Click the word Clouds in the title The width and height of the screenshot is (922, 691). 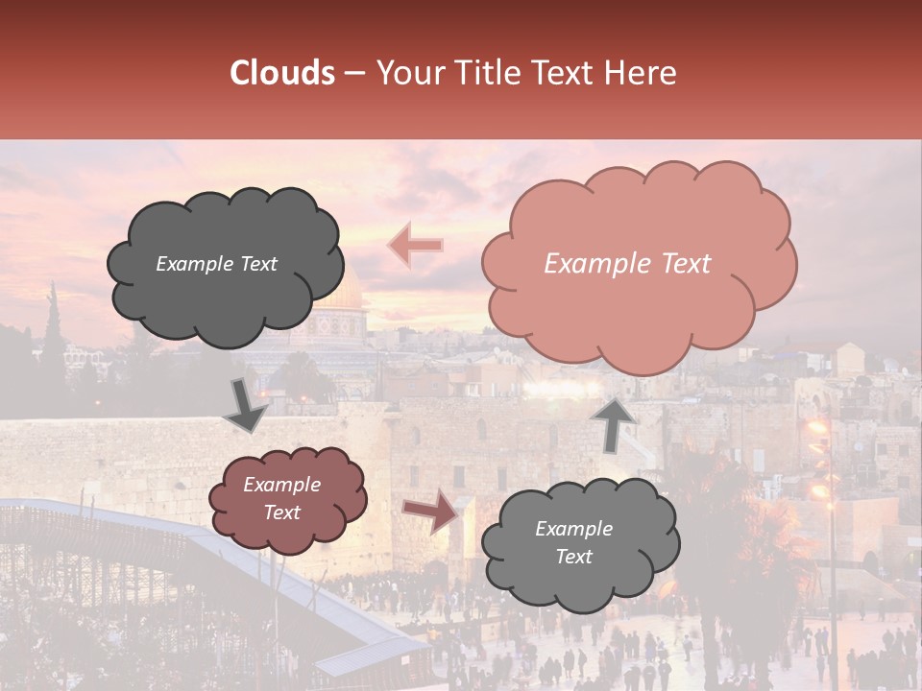pos(281,73)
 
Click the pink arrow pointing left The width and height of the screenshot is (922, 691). pos(415,246)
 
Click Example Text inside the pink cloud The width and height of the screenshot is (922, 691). pos(627,264)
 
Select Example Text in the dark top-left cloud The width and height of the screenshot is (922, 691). pos(216,264)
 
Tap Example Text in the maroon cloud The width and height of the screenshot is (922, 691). pos(281,498)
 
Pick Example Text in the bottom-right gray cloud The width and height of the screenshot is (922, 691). pos(573,542)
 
